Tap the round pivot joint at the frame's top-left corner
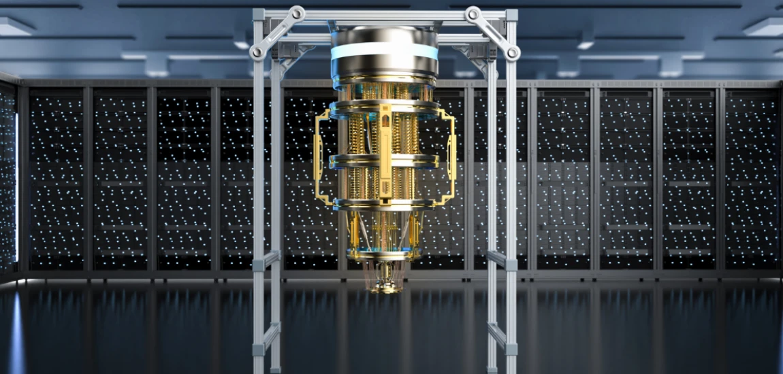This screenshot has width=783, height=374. coord(257,52)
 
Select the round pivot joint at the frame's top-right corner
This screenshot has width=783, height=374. coord(513,52)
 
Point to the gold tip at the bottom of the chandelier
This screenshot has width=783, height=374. coord(385,288)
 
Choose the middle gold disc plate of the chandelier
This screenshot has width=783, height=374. coord(385,161)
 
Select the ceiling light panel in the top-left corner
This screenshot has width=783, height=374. coord(14,27)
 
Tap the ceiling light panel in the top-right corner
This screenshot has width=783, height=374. coord(766,27)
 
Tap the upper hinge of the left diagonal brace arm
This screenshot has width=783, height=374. coord(297,13)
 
